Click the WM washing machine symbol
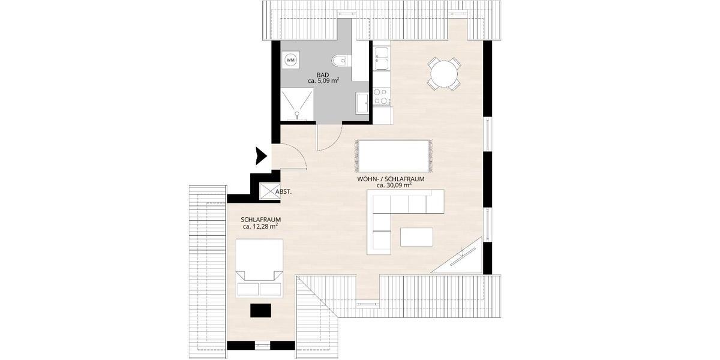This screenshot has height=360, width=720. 291,60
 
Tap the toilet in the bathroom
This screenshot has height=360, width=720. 340,60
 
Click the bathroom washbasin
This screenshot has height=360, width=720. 362,102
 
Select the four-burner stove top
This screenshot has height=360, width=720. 381,96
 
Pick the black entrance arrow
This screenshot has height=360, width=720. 260,156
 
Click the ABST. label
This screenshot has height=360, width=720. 283,192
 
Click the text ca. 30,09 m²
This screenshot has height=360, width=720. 394,185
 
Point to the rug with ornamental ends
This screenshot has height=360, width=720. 394,155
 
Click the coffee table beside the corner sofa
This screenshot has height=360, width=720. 416,236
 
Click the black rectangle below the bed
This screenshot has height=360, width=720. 261,310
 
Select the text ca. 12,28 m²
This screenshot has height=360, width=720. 260,227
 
